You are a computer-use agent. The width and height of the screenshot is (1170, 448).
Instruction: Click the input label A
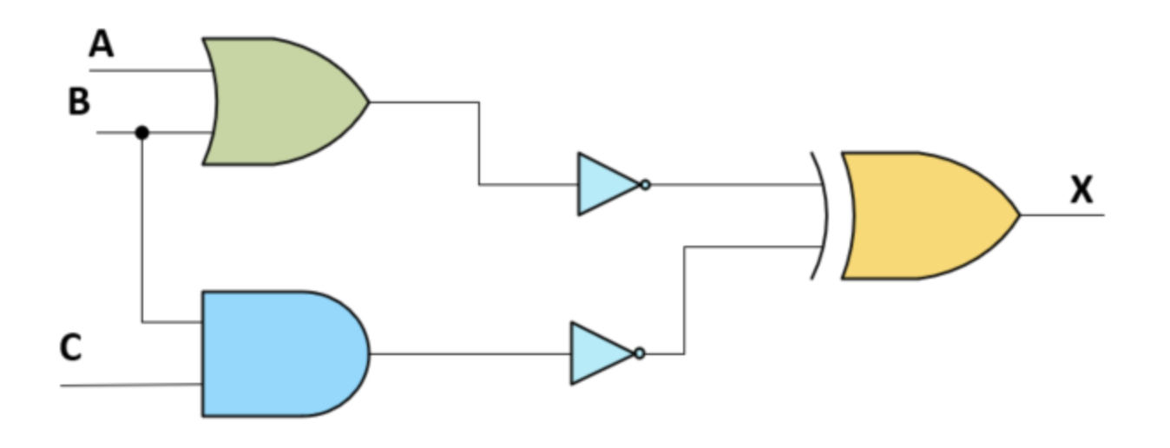102,43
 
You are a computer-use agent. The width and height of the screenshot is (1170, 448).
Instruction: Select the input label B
78,102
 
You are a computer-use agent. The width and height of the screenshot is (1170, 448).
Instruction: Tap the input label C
70,347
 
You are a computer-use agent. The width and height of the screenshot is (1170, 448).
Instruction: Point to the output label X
1081,188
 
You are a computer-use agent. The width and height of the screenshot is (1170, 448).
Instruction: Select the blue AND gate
278,353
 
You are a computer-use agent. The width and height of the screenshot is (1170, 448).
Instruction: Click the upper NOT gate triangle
605,184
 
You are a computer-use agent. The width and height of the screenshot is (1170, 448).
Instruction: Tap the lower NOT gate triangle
598,353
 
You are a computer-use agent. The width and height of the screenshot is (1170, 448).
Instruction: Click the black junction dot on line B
142,133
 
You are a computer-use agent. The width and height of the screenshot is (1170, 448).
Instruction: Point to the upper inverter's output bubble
645,184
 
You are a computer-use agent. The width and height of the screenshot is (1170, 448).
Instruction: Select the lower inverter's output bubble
640,353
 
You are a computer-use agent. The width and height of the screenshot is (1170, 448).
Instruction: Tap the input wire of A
148,69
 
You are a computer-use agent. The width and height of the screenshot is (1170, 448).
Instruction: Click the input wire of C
130,385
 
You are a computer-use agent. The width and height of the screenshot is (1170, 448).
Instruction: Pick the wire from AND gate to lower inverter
469,353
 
